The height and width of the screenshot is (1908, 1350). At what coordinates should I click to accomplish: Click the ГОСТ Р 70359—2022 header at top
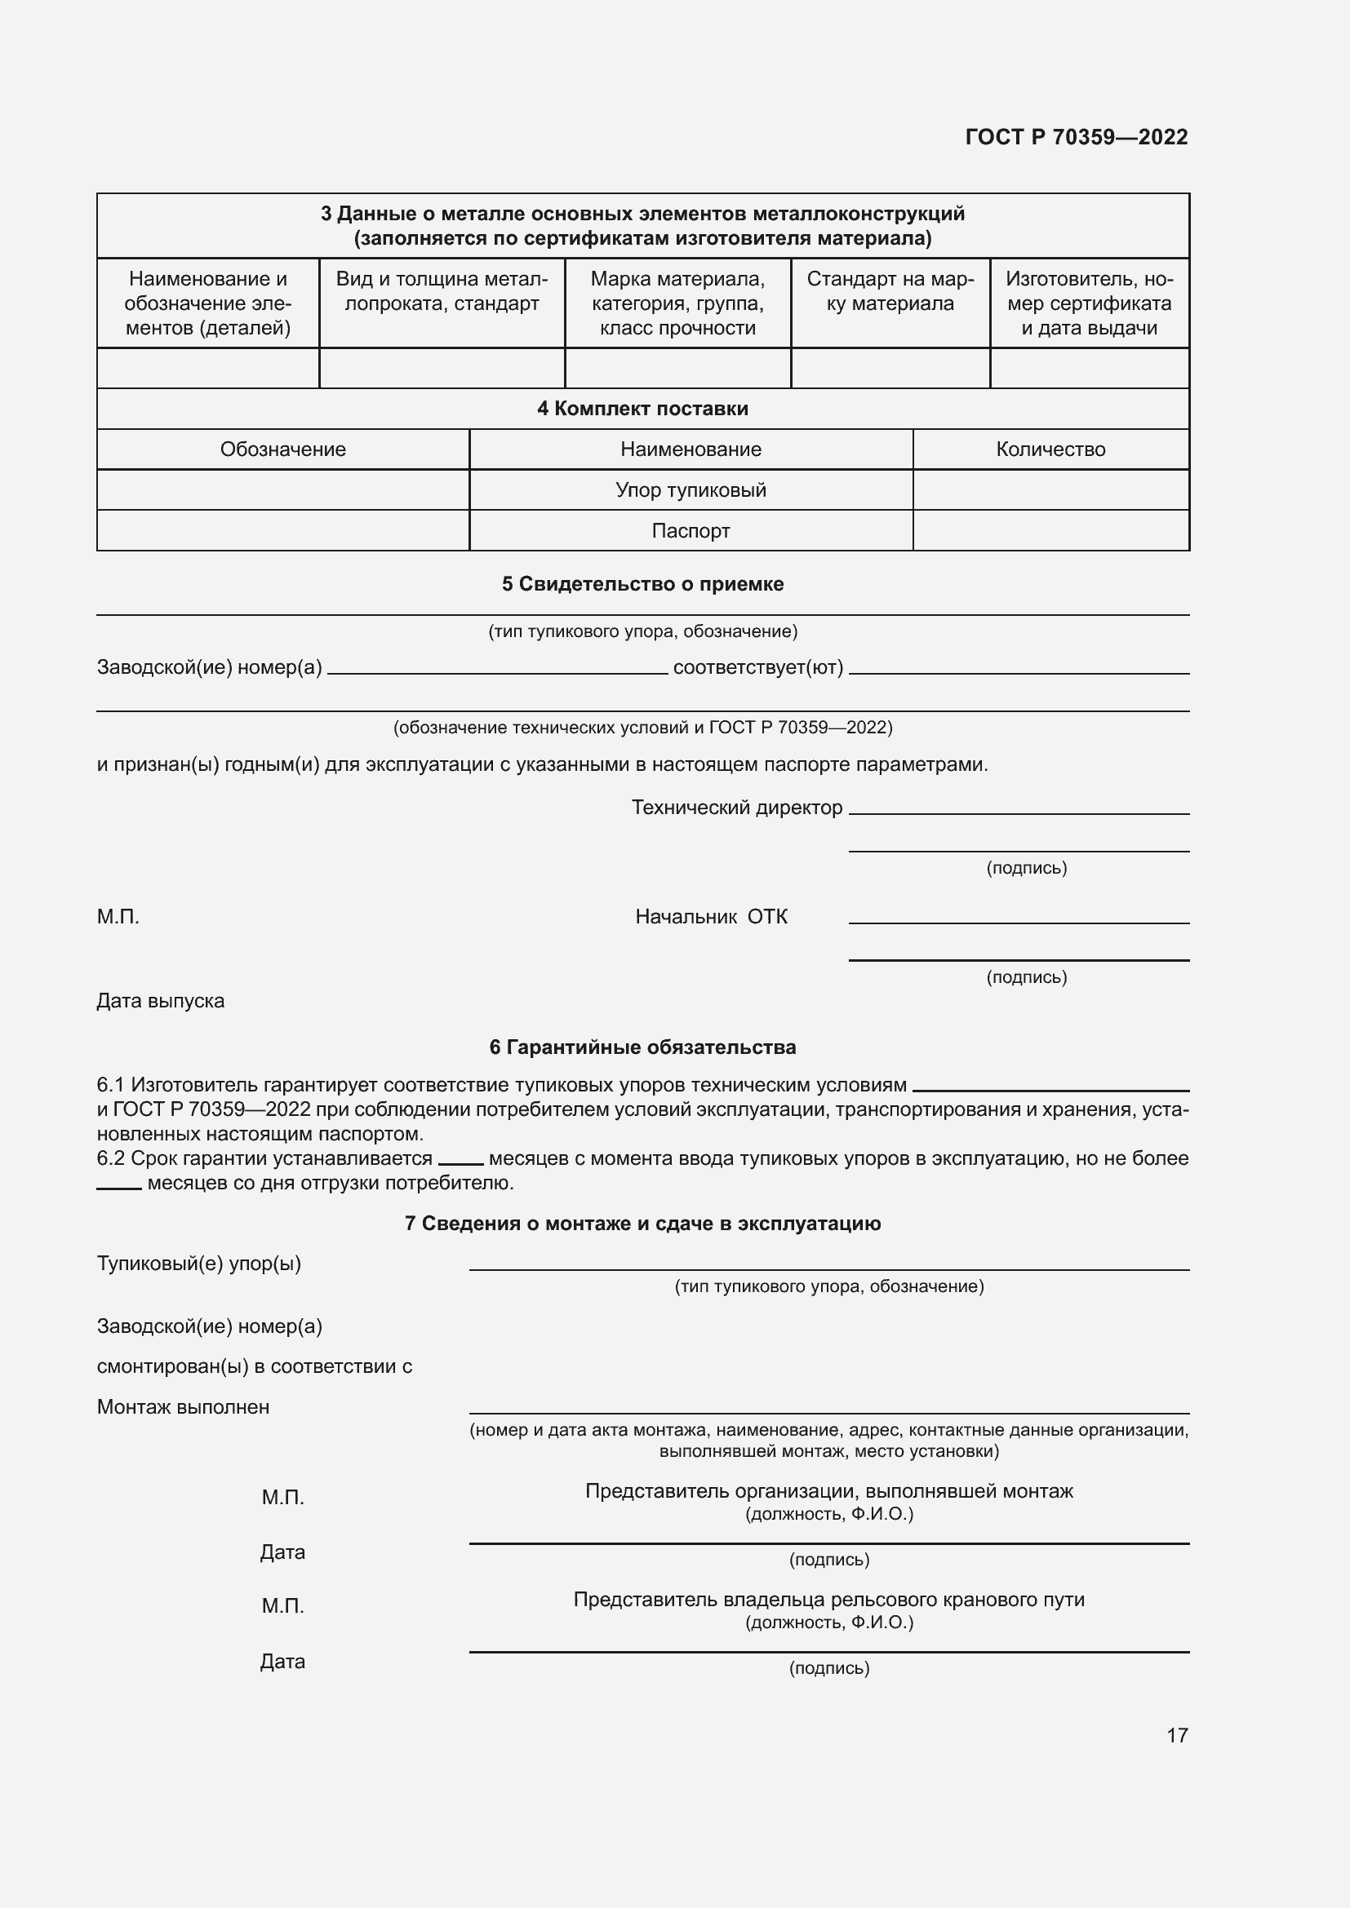tap(1076, 137)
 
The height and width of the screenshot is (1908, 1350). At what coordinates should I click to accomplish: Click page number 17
tap(1176, 1735)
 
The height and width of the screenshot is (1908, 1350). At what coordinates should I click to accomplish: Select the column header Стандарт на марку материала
tap(890, 291)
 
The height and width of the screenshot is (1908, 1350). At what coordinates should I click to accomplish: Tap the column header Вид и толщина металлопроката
tap(442, 291)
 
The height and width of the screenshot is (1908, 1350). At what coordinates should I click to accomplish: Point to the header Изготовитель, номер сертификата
tap(1088, 303)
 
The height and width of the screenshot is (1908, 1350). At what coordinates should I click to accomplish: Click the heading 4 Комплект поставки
tap(642, 408)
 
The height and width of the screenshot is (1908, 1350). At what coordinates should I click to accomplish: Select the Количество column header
tap(1050, 449)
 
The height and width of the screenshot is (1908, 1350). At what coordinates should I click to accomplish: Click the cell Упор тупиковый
tap(690, 489)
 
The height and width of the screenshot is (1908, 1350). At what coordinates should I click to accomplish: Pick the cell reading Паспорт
tap(690, 530)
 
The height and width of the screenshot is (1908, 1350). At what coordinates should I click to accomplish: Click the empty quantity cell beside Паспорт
tap(1050, 530)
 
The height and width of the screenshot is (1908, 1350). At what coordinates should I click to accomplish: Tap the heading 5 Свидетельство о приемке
tap(642, 584)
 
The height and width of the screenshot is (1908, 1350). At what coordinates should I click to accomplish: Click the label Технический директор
tap(736, 808)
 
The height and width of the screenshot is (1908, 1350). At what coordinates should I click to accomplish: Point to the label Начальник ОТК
tap(711, 917)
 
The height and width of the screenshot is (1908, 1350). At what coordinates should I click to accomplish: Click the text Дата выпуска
tap(161, 1001)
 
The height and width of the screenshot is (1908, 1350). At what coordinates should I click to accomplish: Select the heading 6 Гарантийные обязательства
tap(642, 1047)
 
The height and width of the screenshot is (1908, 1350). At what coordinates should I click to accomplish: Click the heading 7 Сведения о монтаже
tap(642, 1224)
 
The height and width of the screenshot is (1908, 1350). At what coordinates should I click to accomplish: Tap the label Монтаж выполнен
tap(183, 1407)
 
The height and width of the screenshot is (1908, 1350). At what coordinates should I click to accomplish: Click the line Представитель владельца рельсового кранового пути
tap(828, 1600)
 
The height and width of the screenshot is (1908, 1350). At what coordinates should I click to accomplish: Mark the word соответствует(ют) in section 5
tap(757, 667)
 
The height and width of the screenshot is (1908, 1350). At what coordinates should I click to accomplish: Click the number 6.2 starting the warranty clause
tap(110, 1158)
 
